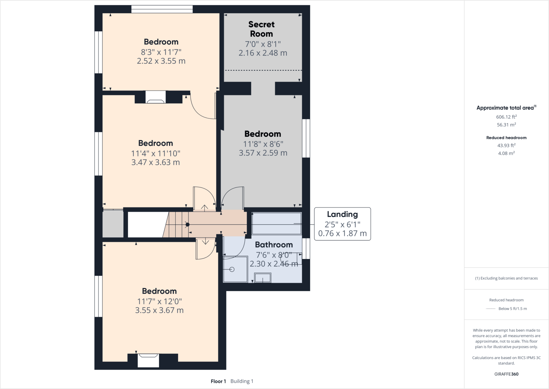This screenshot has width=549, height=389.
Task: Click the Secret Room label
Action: (261, 29)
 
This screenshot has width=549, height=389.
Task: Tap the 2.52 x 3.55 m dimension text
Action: (161, 61)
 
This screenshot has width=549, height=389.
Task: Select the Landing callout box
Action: (342, 224)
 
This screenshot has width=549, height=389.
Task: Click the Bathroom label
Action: (274, 245)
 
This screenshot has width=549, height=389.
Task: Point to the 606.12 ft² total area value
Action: (506, 117)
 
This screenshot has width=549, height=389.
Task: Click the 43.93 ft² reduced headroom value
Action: (506, 145)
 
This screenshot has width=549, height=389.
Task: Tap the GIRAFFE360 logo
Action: (506, 374)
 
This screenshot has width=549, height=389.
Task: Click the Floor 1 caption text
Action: (218, 381)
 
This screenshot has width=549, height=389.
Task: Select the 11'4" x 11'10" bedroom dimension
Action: (155, 153)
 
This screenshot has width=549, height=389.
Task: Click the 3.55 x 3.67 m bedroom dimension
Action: (159, 310)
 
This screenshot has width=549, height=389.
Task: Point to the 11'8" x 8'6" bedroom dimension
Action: (263, 144)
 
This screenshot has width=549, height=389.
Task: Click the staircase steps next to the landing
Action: (177, 224)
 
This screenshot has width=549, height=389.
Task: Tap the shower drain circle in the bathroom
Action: (232, 269)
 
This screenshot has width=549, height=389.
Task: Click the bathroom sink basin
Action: (262, 278)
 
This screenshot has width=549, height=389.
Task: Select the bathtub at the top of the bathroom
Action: (276, 223)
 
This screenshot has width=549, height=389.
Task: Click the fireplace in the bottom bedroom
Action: (148, 359)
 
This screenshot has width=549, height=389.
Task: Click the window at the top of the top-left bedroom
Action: (162, 9)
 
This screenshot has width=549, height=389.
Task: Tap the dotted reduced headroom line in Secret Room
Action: (263, 70)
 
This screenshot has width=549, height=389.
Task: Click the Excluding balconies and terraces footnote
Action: (506, 278)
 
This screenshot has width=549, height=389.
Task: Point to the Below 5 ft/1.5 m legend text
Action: (512, 308)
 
